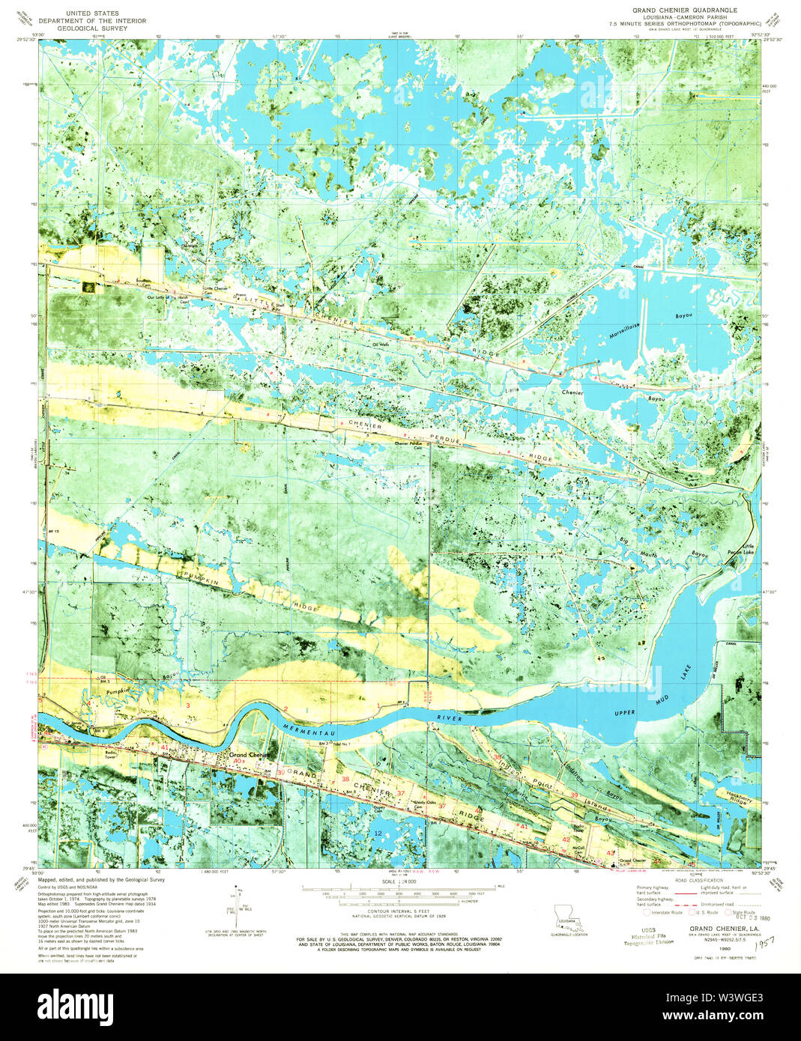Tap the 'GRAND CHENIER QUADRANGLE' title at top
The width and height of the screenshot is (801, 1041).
coord(674,10)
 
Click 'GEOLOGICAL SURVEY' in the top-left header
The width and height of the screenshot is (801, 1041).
coord(93,28)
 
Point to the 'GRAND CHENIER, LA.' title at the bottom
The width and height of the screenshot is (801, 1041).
coord(709,929)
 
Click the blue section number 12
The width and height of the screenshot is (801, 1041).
coord(378,833)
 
